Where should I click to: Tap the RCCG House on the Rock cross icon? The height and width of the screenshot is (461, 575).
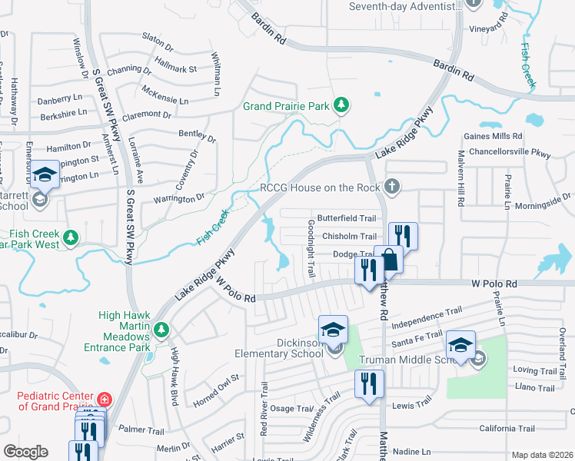point(393,186)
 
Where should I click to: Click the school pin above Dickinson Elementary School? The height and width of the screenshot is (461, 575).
point(333,330)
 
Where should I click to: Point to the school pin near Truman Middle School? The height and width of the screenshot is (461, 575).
point(460,345)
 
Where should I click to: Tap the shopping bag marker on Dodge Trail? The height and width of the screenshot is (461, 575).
point(390,260)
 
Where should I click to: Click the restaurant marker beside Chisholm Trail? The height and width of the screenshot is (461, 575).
point(403,235)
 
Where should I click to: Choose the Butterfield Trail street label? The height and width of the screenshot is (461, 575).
point(347,218)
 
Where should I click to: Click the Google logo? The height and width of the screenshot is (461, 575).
point(25,452)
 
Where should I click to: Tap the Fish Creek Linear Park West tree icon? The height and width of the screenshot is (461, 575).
point(71,237)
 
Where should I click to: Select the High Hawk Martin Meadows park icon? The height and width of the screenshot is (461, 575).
point(161,330)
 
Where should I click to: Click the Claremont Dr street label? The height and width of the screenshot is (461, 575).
point(147,114)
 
